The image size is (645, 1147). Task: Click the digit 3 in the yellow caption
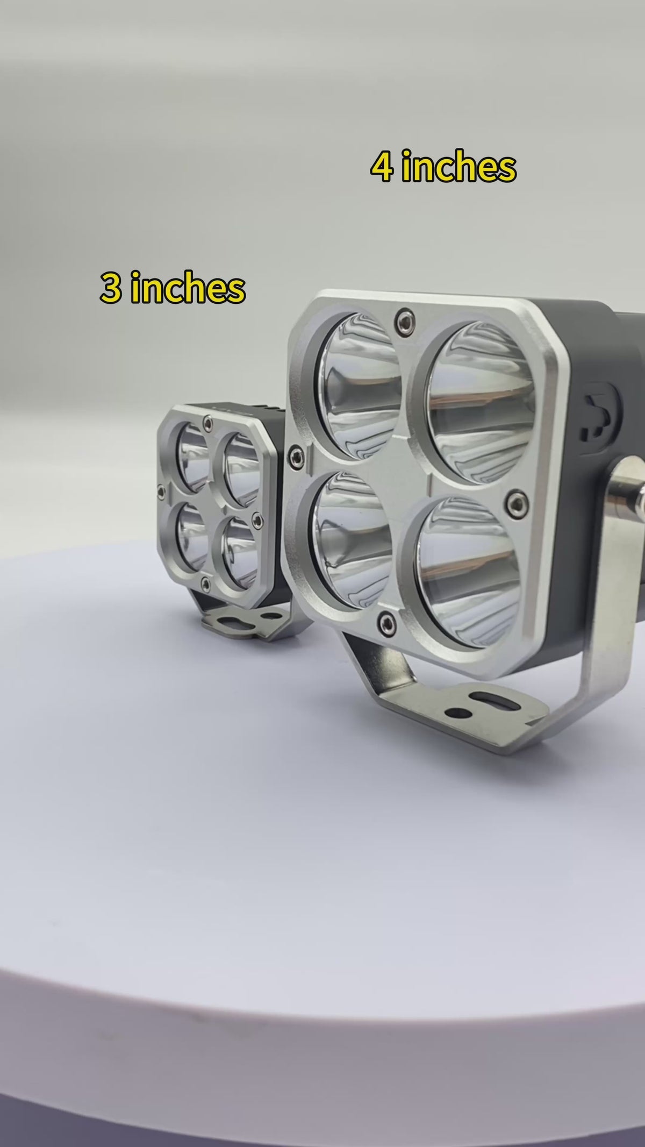tap(111, 289)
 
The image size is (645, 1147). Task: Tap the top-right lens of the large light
tap(475, 397)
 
